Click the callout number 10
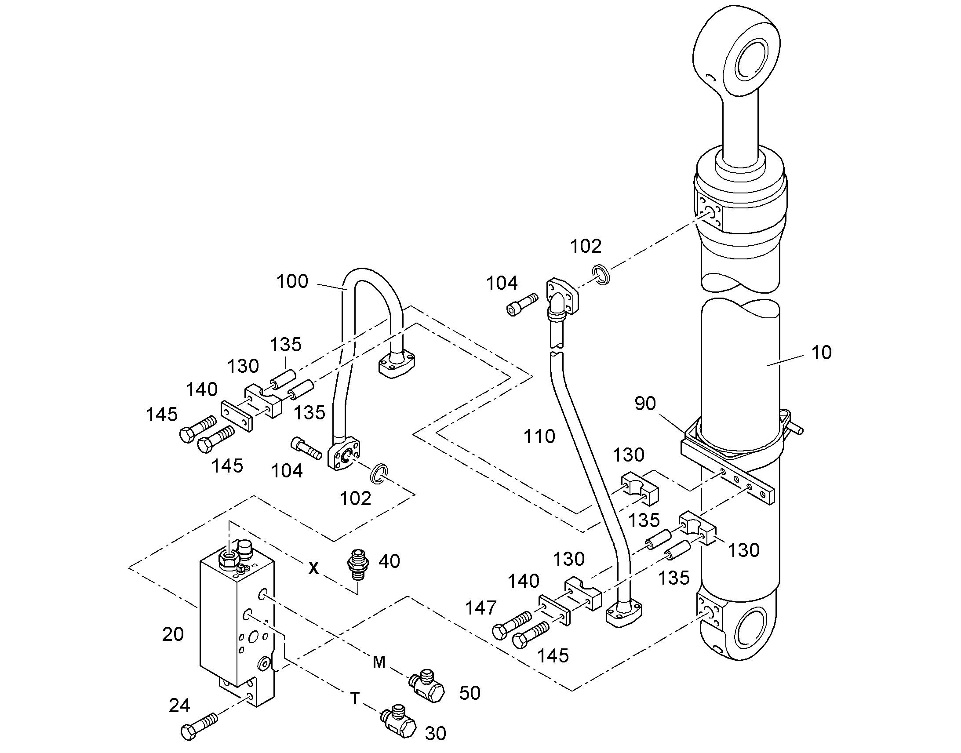822,353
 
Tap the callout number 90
645,404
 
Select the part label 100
292,281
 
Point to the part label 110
539,437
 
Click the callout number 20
173,634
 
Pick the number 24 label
179,706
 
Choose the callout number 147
481,608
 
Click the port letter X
313,569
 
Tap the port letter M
379,662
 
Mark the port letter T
355,698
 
